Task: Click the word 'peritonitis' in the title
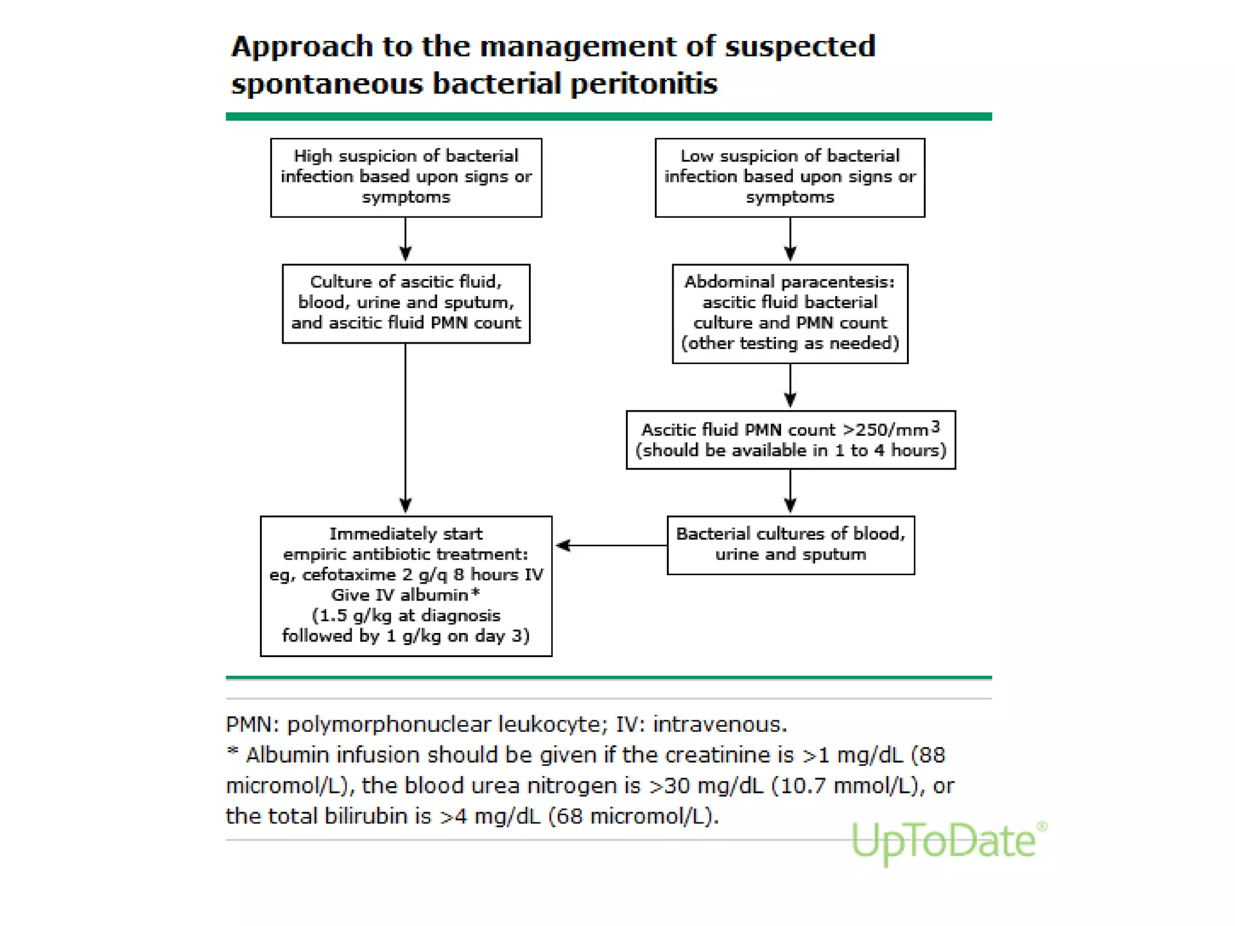[643, 83]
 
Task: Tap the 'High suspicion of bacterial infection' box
[406, 177]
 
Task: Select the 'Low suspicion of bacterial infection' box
[789, 177]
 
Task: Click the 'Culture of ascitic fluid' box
[406, 303]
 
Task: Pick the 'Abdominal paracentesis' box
[789, 313]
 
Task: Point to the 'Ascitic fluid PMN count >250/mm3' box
[790, 440]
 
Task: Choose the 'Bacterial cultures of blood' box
[790, 545]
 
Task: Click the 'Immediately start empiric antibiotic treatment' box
[406, 585]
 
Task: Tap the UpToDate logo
[947, 841]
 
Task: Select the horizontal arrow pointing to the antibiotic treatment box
[609, 545]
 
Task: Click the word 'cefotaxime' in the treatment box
[349, 575]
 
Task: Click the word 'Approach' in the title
[302, 47]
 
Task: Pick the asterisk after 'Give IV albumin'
[475, 593]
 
